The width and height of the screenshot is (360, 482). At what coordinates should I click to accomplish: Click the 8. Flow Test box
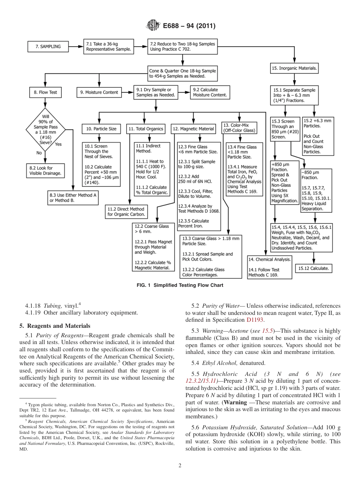point(45,92)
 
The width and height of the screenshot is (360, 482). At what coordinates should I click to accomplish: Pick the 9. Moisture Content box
point(100,92)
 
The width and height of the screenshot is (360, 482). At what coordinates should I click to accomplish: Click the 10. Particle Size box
point(101,129)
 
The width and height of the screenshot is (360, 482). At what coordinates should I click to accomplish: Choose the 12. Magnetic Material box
point(193,129)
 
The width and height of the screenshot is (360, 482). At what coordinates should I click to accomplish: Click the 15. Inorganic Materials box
point(294,69)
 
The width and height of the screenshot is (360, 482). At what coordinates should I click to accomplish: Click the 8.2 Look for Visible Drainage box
point(45,171)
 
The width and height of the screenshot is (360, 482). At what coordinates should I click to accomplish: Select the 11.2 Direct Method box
point(126,211)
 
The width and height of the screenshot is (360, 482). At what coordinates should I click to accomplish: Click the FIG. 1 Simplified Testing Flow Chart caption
point(180,285)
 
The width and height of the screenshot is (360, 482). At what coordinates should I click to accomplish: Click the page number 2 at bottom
point(180,465)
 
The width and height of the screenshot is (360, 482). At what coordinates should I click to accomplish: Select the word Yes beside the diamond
point(58,144)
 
